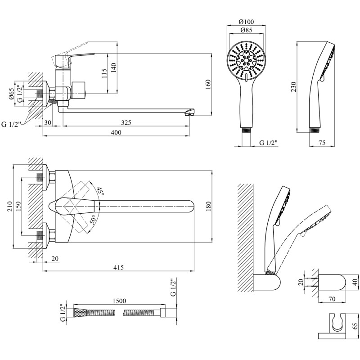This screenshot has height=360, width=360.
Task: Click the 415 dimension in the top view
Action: pos(118,268)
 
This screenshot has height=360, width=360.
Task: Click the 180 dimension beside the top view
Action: pos(207,206)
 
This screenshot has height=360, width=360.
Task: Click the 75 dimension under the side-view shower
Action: pos(322,143)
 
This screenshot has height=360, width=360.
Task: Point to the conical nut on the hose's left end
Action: pos(78,311)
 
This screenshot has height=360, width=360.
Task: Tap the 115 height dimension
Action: pos(104,72)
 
